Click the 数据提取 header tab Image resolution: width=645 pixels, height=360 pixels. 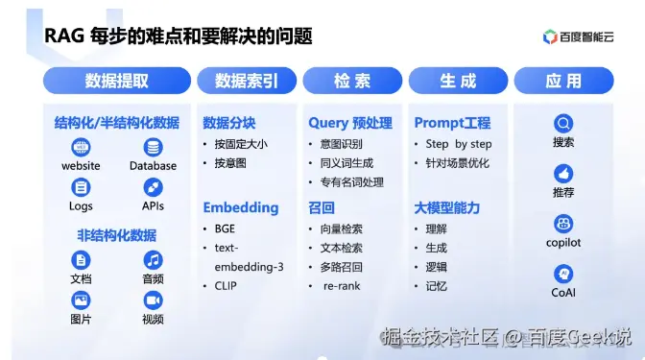(116, 81)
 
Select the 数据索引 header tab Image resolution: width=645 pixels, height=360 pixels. (247, 81)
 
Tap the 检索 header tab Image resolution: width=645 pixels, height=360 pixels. (352, 81)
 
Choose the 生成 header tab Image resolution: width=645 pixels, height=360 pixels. (458, 81)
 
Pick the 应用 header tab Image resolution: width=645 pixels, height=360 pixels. (563, 81)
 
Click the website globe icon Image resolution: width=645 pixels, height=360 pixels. (81, 147)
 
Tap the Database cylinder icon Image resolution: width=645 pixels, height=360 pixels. (153, 147)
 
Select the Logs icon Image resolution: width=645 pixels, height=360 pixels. (81, 187)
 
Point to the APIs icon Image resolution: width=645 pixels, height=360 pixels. (153, 187)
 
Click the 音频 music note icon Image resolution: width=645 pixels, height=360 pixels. (153, 260)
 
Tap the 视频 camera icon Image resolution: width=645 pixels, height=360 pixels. (153, 300)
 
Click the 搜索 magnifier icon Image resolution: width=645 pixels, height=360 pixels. (563, 124)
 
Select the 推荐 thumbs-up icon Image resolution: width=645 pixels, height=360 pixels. (563, 174)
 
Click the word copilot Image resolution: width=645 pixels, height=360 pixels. (563, 243)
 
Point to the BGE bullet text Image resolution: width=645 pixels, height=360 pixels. (227, 228)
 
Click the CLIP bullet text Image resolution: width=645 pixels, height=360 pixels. (227, 285)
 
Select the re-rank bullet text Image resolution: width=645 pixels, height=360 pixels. (342, 286)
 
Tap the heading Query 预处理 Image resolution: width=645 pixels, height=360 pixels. (350, 123)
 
